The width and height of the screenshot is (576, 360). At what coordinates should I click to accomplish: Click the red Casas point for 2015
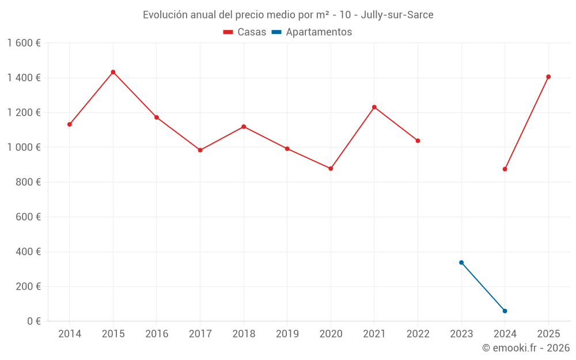point(113,72)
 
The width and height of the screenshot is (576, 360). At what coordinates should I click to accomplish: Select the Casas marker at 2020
point(331,169)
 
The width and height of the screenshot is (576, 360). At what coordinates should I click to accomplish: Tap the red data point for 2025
point(548,77)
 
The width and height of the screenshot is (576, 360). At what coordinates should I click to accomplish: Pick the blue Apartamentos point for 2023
point(461,263)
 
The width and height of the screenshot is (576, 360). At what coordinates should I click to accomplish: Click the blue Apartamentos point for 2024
point(505,311)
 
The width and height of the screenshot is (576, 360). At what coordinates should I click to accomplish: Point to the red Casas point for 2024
point(505,169)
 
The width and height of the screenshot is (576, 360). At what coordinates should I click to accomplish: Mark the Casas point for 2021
point(374,107)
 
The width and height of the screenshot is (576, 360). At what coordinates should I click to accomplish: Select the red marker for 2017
point(200,150)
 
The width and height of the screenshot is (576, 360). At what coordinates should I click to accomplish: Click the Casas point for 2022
point(418,141)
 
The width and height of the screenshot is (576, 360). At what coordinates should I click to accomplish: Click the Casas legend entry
point(245,32)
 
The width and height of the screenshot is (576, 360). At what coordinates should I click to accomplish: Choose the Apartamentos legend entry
point(312,32)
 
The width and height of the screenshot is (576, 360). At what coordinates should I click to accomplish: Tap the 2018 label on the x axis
point(244,334)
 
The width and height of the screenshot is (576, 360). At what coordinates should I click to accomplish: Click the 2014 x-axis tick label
point(70,334)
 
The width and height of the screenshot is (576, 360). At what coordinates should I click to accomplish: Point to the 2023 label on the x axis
point(461,334)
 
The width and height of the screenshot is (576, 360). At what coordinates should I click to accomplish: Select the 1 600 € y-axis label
point(24,43)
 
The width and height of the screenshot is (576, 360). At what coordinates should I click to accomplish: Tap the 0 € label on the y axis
point(33,321)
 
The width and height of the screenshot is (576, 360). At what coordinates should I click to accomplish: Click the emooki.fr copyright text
point(526,348)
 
